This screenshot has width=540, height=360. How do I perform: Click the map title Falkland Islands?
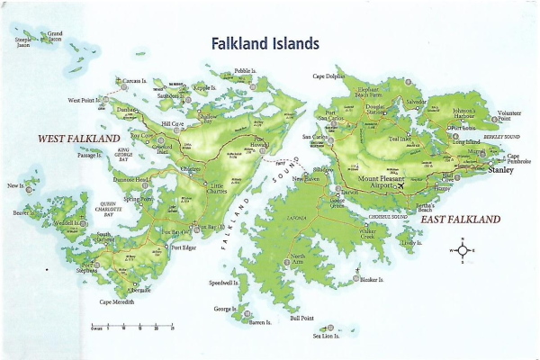265,43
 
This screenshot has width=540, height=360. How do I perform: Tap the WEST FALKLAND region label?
78,139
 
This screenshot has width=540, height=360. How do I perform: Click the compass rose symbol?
462,251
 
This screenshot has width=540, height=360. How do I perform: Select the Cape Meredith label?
117,301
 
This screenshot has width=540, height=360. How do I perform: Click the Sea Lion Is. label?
327,337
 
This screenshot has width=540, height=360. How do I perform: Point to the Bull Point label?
301,319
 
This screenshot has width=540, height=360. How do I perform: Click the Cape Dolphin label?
329,76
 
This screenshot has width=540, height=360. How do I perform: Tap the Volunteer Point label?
510,115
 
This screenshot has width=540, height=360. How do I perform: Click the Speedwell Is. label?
224,283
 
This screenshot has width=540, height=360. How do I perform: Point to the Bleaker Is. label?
370,280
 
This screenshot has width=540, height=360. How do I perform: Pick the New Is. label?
14,185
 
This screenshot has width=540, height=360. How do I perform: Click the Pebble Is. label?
244,70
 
